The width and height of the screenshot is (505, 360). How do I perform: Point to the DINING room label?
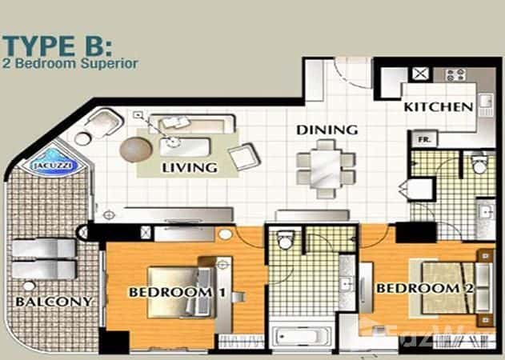(x=327, y=129)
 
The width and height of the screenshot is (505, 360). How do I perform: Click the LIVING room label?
(x=189, y=168)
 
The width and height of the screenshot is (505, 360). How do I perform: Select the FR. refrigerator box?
(x=424, y=139)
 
